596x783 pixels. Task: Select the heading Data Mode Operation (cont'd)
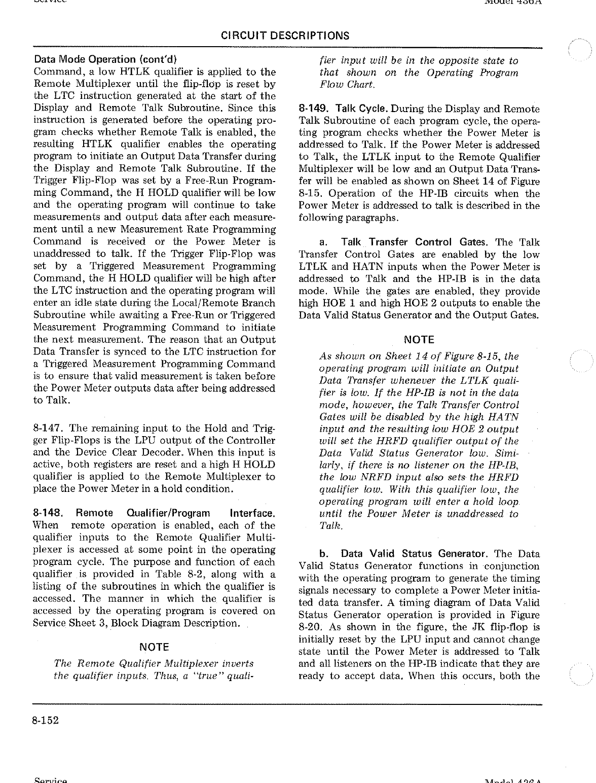pyautogui.click(x=105, y=59)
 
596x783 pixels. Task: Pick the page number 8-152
pyautogui.click(x=46, y=720)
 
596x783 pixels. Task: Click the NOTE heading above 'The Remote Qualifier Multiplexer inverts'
pyautogui.click(x=154, y=647)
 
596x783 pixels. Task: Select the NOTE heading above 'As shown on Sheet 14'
pyautogui.click(x=419, y=340)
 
